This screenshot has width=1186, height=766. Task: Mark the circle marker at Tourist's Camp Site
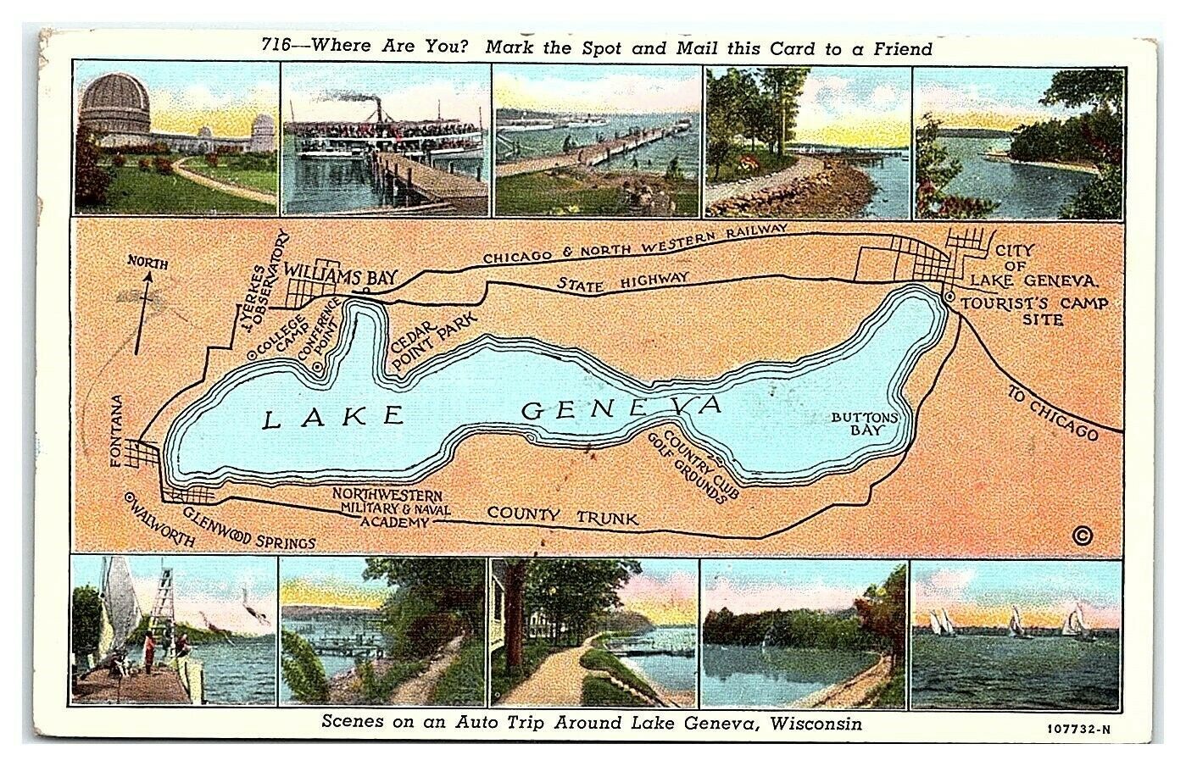click(x=949, y=298)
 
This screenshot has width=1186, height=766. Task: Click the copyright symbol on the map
click(x=1081, y=535)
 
